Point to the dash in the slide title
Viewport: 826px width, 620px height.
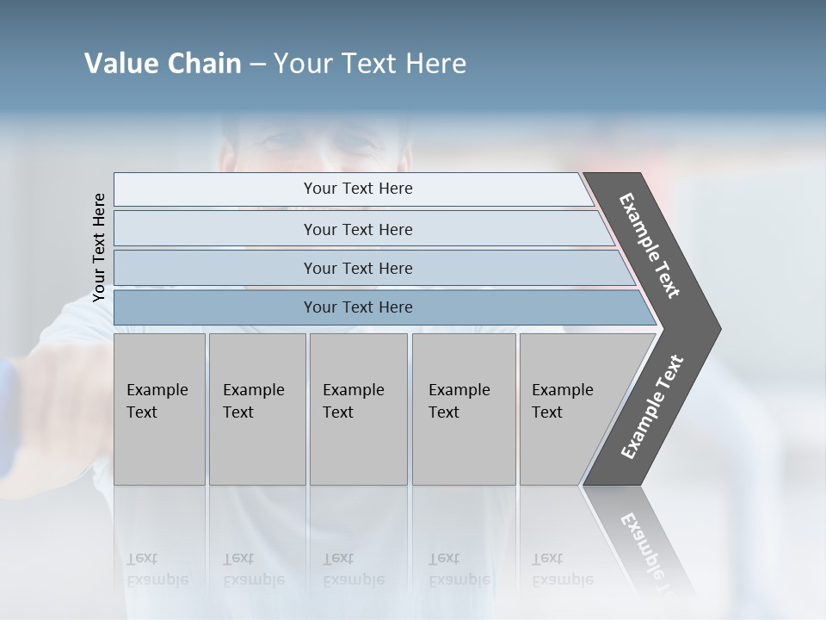(x=257, y=65)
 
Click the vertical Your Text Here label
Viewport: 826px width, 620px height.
(x=99, y=247)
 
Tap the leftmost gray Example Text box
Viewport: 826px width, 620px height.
(x=159, y=409)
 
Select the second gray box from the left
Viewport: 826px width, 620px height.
(x=256, y=409)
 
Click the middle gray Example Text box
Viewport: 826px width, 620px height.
(x=358, y=409)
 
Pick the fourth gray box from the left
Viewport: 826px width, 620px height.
(x=463, y=409)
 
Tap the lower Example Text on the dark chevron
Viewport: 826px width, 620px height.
(x=651, y=406)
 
